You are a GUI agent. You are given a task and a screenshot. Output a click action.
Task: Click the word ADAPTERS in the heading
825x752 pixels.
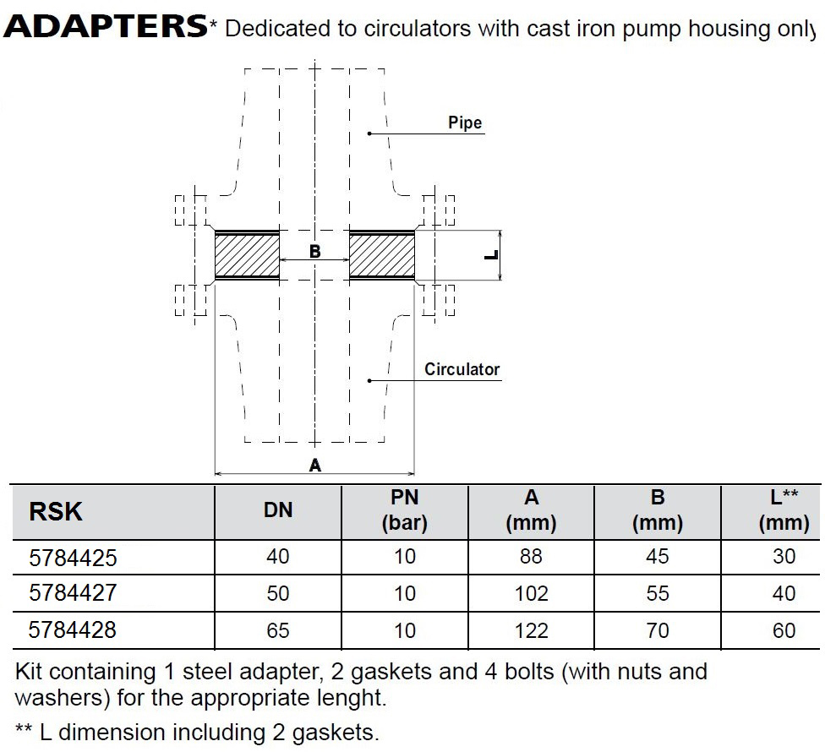coord(106,25)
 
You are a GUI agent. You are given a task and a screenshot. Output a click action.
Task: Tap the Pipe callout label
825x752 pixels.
coord(465,123)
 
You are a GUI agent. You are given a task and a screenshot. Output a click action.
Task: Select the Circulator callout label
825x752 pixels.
coord(462,369)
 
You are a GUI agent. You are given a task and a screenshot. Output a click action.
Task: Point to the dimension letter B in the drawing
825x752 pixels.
coord(314,251)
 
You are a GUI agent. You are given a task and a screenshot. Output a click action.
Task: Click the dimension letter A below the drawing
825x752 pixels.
coord(314,465)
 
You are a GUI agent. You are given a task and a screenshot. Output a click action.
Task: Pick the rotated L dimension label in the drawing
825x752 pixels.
coord(491,255)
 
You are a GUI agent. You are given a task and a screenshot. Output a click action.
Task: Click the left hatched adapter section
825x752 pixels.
coord(248,255)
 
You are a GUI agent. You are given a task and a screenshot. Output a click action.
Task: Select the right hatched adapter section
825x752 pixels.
coord(382,255)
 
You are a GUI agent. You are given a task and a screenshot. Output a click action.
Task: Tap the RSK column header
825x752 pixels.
coord(56,512)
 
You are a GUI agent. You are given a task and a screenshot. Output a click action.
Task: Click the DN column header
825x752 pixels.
coord(278,510)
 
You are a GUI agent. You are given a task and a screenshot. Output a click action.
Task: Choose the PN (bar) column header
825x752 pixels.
coord(405,510)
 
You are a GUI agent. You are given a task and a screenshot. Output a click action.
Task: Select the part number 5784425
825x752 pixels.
coord(73,558)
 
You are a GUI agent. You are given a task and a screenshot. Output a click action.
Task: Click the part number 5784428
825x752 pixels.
coord(73,630)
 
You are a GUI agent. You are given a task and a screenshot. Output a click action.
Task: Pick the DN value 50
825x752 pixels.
coord(278,594)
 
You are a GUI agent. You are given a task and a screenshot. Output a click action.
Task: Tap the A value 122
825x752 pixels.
coord(532,630)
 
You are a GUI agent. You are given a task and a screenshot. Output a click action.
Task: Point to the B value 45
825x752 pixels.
coord(658,556)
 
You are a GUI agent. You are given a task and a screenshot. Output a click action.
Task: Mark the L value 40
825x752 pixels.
coord(784,594)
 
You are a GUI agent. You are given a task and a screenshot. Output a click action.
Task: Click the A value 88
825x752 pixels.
coord(532,556)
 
